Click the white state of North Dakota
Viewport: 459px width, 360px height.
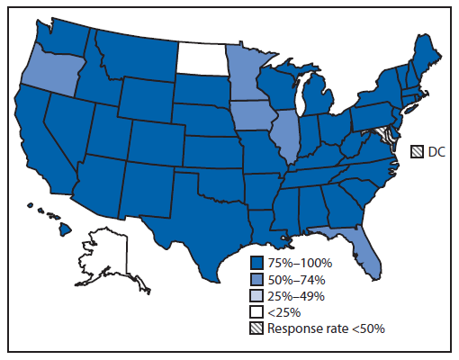click(203, 58)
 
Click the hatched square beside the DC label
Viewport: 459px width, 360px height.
click(418, 151)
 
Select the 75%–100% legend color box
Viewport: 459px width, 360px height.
click(258, 263)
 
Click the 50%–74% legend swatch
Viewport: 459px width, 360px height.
click(258, 279)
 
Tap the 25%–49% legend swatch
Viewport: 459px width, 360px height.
click(258, 295)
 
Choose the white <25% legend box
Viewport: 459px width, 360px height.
click(258, 312)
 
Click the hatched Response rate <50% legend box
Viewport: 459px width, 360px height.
click(258, 328)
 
